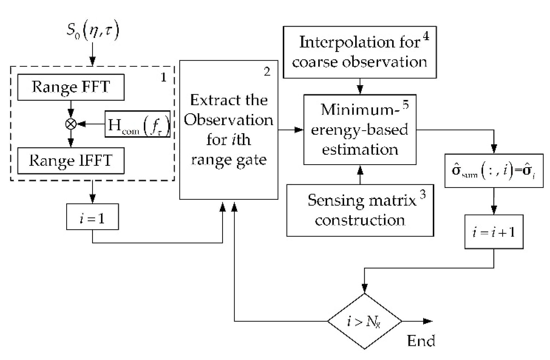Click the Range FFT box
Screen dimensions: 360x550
point(71,87)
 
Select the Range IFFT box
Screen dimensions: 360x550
point(71,161)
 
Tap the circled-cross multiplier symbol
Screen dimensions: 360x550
point(71,124)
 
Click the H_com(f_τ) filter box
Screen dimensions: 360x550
point(138,124)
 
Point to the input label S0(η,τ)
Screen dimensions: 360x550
point(93,31)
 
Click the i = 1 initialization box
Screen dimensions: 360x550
point(92,217)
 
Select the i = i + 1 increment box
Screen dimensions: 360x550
point(494,232)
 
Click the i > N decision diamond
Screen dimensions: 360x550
point(364,321)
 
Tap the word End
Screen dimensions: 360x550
point(421,341)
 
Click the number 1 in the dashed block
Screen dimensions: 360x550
point(164,78)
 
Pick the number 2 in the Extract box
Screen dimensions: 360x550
point(267,72)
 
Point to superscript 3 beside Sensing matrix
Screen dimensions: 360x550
point(422,194)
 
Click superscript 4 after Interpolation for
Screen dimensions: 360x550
point(426,36)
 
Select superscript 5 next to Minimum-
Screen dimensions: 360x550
point(406,105)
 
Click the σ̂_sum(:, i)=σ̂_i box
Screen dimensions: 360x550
point(494,171)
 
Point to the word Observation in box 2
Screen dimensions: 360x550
point(228,120)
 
